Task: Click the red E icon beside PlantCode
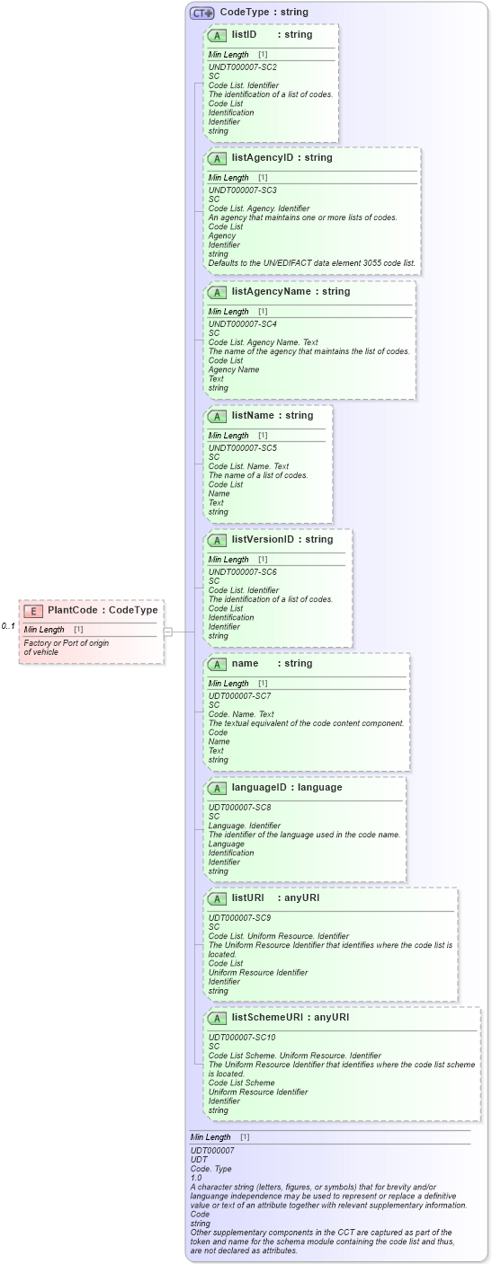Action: (33, 611)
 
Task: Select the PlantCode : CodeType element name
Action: (103, 611)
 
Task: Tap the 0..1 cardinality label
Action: (8, 626)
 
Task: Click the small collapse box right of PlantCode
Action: (167, 632)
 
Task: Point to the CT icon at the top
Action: (201, 13)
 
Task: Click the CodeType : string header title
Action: (264, 13)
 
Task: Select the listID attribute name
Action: (244, 35)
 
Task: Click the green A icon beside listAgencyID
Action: (217, 158)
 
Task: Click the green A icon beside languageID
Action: (217, 788)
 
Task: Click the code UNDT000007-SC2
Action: (242, 67)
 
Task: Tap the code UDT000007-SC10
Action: (243, 1038)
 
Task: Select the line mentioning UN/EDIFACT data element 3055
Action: (311, 263)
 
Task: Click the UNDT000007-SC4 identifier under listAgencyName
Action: (242, 324)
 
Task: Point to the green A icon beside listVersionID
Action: (217, 540)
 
